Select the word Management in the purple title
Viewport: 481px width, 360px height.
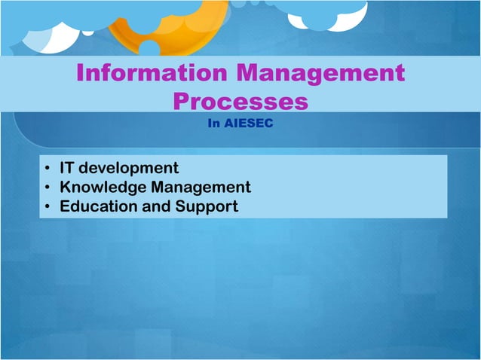coord(320,74)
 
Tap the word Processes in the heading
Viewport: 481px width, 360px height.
coord(240,102)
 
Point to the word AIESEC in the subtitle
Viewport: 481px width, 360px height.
coord(249,124)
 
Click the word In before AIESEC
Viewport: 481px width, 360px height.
coord(214,124)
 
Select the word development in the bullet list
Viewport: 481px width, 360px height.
coord(131,167)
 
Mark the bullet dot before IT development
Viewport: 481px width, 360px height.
coord(47,168)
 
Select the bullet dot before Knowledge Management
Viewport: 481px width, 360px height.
coord(47,188)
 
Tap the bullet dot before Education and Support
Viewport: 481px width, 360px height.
coord(47,206)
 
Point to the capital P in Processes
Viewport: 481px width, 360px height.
coord(182,102)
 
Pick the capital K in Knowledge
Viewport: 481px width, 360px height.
coord(66,187)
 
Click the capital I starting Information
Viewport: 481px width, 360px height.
coord(81,74)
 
